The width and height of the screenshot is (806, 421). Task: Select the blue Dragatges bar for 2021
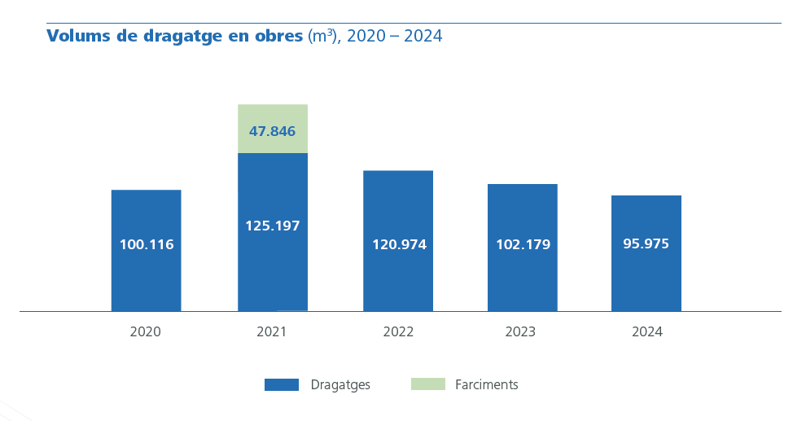coord(272,269)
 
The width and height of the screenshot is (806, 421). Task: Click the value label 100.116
coord(147,244)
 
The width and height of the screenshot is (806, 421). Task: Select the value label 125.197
coord(272,226)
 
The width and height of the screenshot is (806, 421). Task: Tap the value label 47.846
coord(272,131)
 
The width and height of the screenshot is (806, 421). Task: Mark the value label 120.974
coord(399,244)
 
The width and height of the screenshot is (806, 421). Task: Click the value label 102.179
coord(523,244)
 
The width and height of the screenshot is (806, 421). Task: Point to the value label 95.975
coord(646,243)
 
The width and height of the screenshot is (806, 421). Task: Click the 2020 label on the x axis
coord(145,332)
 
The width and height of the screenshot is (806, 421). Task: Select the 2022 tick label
coord(398,332)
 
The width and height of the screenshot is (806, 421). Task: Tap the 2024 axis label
coord(647,332)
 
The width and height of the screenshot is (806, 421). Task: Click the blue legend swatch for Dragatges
coord(281,385)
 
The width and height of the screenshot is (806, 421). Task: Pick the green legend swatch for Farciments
coord(427,384)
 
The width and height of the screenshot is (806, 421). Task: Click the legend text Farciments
coord(486,385)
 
